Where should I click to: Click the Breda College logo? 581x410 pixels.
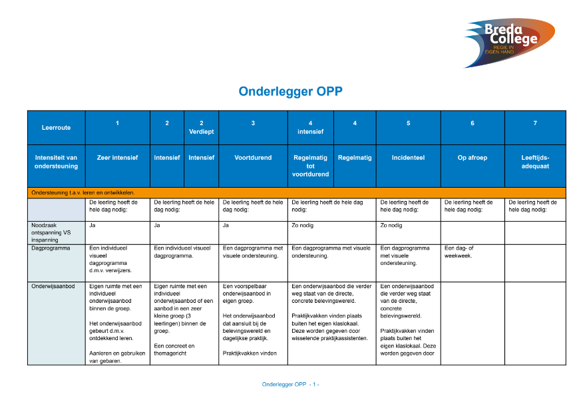click(509, 41)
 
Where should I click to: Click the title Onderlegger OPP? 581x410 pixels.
click(290, 92)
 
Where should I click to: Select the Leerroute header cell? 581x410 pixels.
click(56, 127)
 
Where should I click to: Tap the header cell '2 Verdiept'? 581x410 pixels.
click(201, 127)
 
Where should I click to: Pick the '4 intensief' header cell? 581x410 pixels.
click(310, 127)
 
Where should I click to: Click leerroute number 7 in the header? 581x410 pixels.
click(535, 123)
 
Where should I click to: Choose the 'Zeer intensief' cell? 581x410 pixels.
click(117, 158)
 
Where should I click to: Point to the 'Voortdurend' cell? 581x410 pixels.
click(253, 158)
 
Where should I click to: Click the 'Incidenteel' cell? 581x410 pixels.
click(408, 158)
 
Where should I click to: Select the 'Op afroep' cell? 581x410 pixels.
click(472, 158)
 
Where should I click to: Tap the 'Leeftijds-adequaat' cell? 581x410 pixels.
click(535, 162)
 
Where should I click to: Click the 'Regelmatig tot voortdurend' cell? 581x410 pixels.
click(310, 166)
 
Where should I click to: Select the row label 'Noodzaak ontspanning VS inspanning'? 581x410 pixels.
click(51, 232)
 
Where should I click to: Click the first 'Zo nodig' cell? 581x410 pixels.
click(301, 226)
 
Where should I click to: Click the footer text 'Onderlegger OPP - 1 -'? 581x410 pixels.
click(290, 385)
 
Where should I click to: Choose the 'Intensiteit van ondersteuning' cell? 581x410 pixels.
click(56, 162)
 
